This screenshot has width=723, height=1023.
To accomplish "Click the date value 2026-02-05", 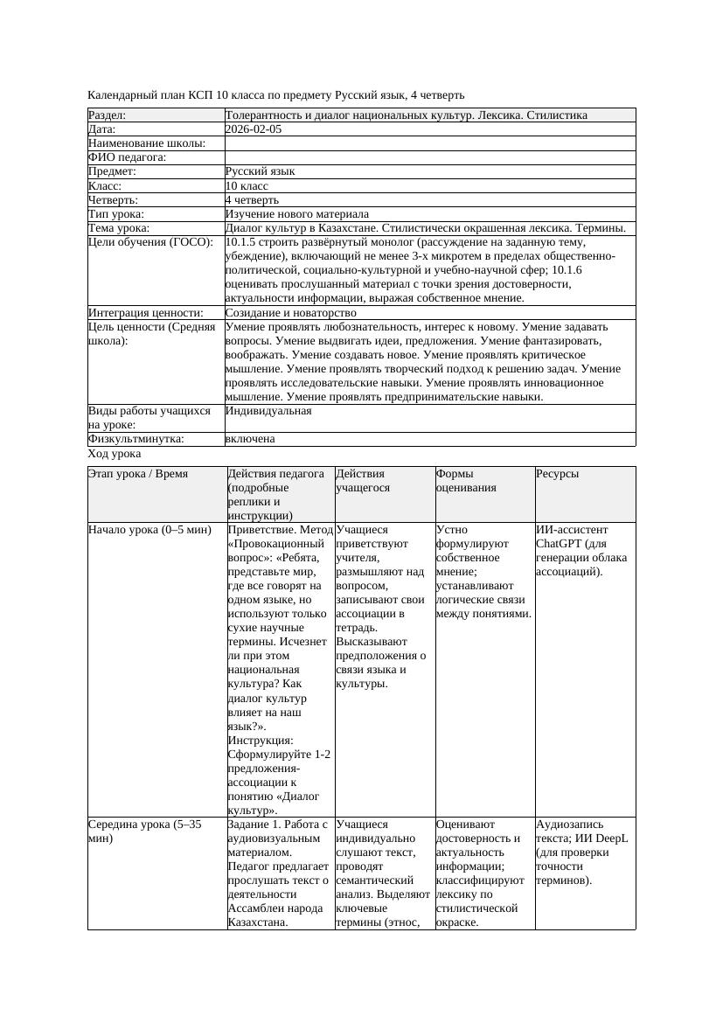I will [x=254, y=129].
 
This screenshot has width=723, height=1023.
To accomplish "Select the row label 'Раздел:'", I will [x=108, y=115].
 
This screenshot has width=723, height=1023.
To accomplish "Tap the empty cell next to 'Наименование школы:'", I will [x=429, y=143].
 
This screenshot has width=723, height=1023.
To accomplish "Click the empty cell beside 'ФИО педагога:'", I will [x=429, y=157].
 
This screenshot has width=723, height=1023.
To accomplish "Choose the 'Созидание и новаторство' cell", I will [x=291, y=313].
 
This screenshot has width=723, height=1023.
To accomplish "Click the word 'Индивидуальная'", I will [x=268, y=411].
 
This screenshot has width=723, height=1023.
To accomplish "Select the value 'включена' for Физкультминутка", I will [x=250, y=439].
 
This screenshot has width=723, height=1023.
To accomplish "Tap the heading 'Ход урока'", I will [x=115, y=455].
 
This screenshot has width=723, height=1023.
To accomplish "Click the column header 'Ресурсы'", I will [x=558, y=474].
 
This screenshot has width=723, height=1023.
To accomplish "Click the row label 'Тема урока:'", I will [x=119, y=228].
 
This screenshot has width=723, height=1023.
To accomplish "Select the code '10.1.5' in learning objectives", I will [x=241, y=242].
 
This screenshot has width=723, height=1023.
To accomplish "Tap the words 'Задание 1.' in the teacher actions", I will [x=255, y=825].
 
